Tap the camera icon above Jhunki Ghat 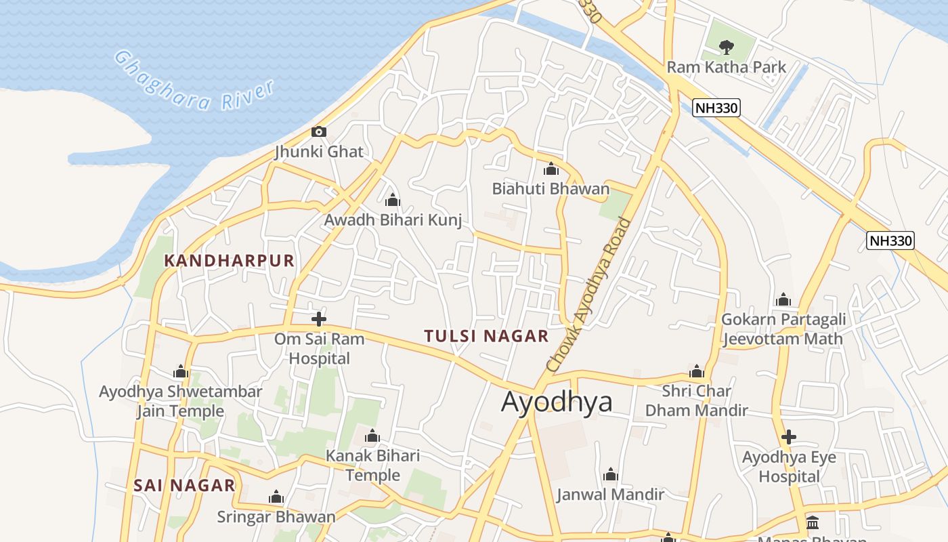click(318, 131)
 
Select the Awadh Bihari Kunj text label click(393, 220)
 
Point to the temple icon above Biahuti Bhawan click(551, 169)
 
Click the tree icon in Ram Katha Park click(727, 47)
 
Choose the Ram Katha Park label click(727, 67)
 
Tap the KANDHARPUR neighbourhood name click(230, 261)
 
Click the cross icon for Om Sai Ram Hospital click(319, 318)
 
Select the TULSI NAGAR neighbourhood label click(486, 336)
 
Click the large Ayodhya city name click(557, 402)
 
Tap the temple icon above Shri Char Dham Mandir click(697, 371)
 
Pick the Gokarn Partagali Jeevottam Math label click(783, 329)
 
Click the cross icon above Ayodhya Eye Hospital click(788, 437)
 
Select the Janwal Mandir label click(610, 495)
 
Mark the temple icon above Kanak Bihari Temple click(372, 436)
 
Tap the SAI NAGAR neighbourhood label click(184, 485)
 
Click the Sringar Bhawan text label click(276, 517)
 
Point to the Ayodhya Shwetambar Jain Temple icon click(180, 371)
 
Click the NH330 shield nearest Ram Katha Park click(716, 108)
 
